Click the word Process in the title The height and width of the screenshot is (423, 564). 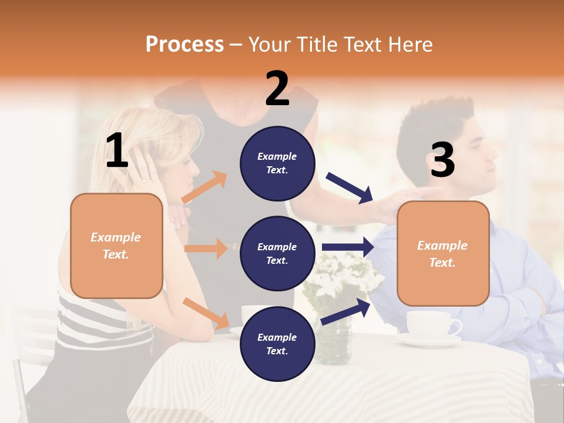click(x=184, y=44)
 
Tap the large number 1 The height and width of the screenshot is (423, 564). click(x=117, y=151)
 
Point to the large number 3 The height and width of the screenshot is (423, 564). click(x=442, y=160)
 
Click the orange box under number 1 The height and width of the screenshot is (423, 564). click(x=116, y=246)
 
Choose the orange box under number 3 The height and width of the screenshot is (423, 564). click(x=443, y=253)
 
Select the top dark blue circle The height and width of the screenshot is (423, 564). click(x=277, y=163)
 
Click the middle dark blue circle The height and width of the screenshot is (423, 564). click(x=277, y=253)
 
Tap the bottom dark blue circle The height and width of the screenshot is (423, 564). click(x=277, y=344)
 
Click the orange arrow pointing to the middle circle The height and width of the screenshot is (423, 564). click(x=206, y=249)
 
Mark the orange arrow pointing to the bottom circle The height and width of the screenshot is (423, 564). click(x=206, y=313)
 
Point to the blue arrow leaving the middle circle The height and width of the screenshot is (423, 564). click(x=348, y=247)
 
